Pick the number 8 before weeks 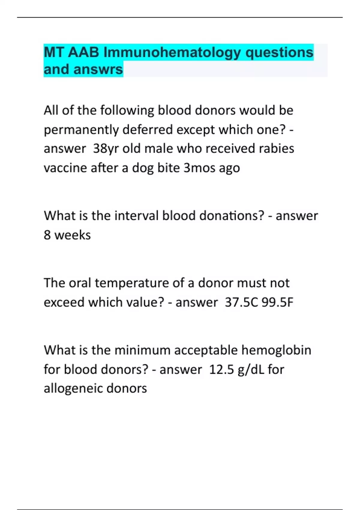[x=47, y=235]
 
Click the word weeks [x=73, y=235]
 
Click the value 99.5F [x=277, y=302]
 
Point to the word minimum [x=142, y=350]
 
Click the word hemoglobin [x=276, y=350]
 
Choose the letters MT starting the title [x=54, y=53]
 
